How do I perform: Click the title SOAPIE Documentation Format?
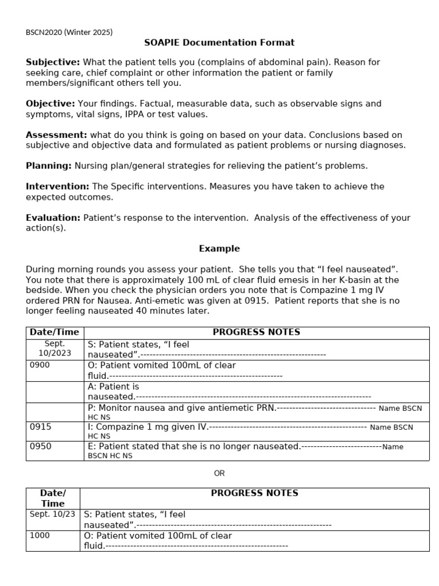click(x=219, y=42)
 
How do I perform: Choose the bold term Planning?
click(x=49, y=165)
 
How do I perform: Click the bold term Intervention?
click(x=57, y=187)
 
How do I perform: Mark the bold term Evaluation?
click(x=53, y=217)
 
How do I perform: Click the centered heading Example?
click(x=219, y=248)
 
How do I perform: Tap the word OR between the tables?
click(x=219, y=473)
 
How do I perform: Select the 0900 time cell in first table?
click(x=40, y=365)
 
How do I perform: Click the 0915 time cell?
click(x=40, y=427)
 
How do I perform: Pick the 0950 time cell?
click(x=40, y=446)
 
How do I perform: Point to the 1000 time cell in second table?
click(x=40, y=536)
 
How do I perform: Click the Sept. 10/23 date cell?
click(x=53, y=514)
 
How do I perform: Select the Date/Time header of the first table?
click(x=55, y=332)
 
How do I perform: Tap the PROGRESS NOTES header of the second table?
click(x=254, y=493)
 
